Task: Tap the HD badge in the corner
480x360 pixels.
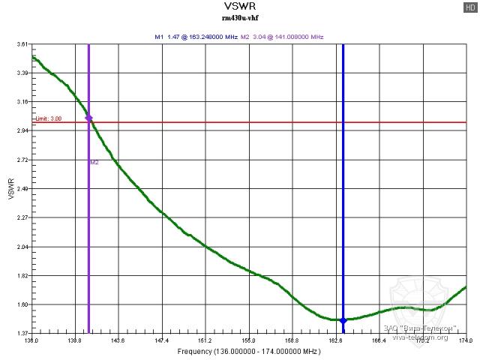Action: pyautogui.click(x=470, y=7)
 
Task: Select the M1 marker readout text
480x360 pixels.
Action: pyautogui.click(x=195, y=36)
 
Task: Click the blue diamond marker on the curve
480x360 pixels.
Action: pyautogui.click(x=343, y=320)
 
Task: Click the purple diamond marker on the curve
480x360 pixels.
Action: pyautogui.click(x=88, y=118)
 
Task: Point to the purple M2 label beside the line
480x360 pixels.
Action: pyautogui.click(x=94, y=162)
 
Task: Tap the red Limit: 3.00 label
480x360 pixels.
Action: pyautogui.click(x=49, y=118)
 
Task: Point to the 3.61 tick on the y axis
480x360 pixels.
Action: pyautogui.click(x=22, y=45)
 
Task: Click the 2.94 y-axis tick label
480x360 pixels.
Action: pyautogui.click(x=22, y=131)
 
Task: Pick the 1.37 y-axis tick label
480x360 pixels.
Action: pyautogui.click(x=22, y=333)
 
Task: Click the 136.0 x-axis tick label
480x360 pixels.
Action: pyautogui.click(x=31, y=341)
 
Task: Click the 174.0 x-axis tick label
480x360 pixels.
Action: pyautogui.click(x=466, y=341)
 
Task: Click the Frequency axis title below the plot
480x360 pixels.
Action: pyautogui.click(x=247, y=352)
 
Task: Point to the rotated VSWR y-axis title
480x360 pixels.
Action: pyautogui.click(x=10, y=189)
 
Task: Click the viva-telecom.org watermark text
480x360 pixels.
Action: pyautogui.click(x=421, y=337)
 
